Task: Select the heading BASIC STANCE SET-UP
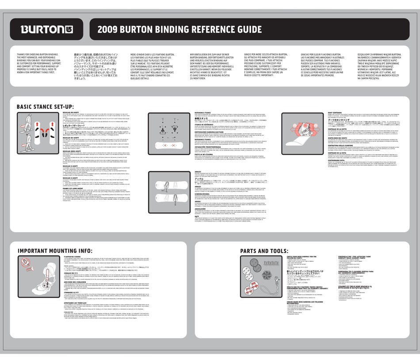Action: [45, 107]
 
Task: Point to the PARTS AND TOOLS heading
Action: [263, 251]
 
